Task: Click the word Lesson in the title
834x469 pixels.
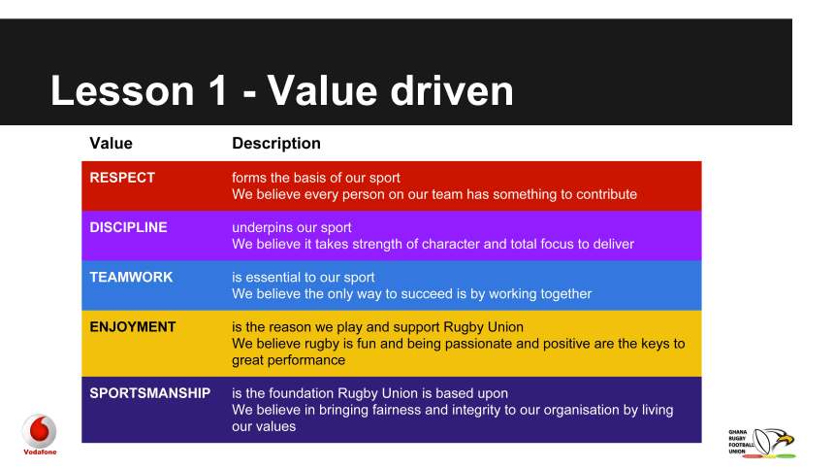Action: tap(120, 91)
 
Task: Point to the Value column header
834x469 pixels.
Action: tap(111, 144)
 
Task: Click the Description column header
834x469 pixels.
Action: tap(276, 144)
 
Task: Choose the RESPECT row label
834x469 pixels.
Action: tap(122, 178)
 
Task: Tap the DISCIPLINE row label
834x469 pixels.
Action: tap(128, 227)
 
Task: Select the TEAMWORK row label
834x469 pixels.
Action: tap(131, 277)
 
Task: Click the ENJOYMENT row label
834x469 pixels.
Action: tap(133, 327)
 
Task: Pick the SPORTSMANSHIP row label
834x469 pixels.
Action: tap(149, 393)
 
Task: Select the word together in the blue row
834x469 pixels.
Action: tap(561, 293)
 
